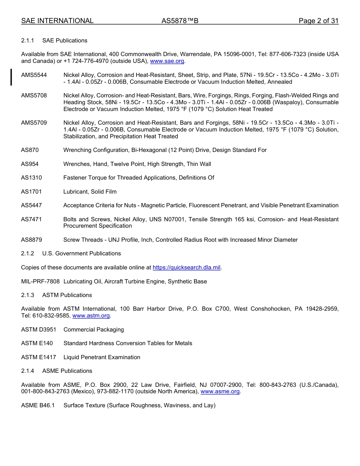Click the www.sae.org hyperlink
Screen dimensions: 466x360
click(167, 61)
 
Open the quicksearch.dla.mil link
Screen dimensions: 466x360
click(186, 267)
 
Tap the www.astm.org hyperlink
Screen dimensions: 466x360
click(91, 316)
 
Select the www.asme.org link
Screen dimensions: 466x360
click(220, 391)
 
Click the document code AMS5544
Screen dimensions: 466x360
click(34, 75)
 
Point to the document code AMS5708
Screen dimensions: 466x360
click(34, 95)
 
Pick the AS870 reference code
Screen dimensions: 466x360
click(30, 150)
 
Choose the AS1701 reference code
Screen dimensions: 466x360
click(31, 192)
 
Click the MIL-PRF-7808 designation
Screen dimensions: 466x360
click(41, 281)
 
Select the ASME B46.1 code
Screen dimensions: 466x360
click(38, 405)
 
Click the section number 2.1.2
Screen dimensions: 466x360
click(28, 253)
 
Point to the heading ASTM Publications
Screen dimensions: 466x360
click(67, 295)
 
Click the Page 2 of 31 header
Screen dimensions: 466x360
click(318, 21)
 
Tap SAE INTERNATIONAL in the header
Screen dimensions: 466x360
click(57, 21)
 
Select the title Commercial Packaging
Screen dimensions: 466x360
click(94, 330)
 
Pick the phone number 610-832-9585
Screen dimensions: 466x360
click(51, 316)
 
